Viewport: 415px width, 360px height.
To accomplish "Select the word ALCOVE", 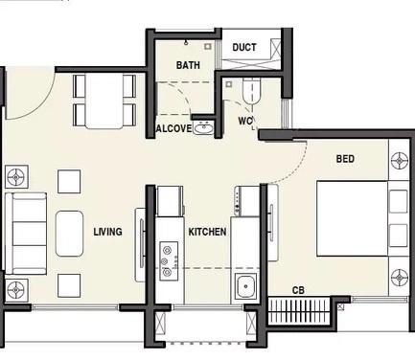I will pos(173,128).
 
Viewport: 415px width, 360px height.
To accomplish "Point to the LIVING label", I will pos(107,232).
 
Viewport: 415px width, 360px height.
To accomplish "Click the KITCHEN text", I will pos(207,232).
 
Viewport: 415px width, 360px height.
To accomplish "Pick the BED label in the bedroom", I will pos(345,158).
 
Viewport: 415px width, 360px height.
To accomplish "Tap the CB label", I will pos(299,289).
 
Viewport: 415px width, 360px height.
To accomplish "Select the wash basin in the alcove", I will pos(203,127).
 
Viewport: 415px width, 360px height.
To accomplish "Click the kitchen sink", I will pos(245,285).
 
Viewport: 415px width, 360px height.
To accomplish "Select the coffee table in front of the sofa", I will pos(70,233).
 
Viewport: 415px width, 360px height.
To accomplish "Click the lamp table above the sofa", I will pos(16,176).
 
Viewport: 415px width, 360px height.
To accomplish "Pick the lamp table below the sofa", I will pos(16,288).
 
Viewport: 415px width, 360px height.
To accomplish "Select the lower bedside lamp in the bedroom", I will pos(399,279).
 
